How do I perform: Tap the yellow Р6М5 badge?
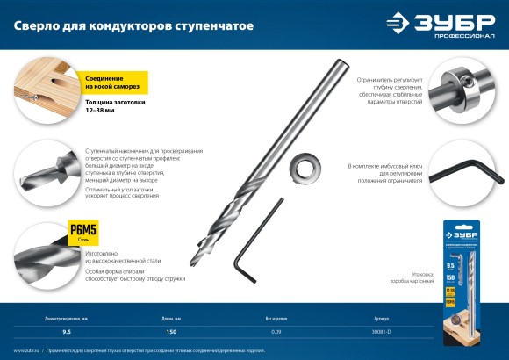[83, 233]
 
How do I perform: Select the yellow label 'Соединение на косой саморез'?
[111, 83]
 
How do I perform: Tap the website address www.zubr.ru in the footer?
[27, 350]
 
